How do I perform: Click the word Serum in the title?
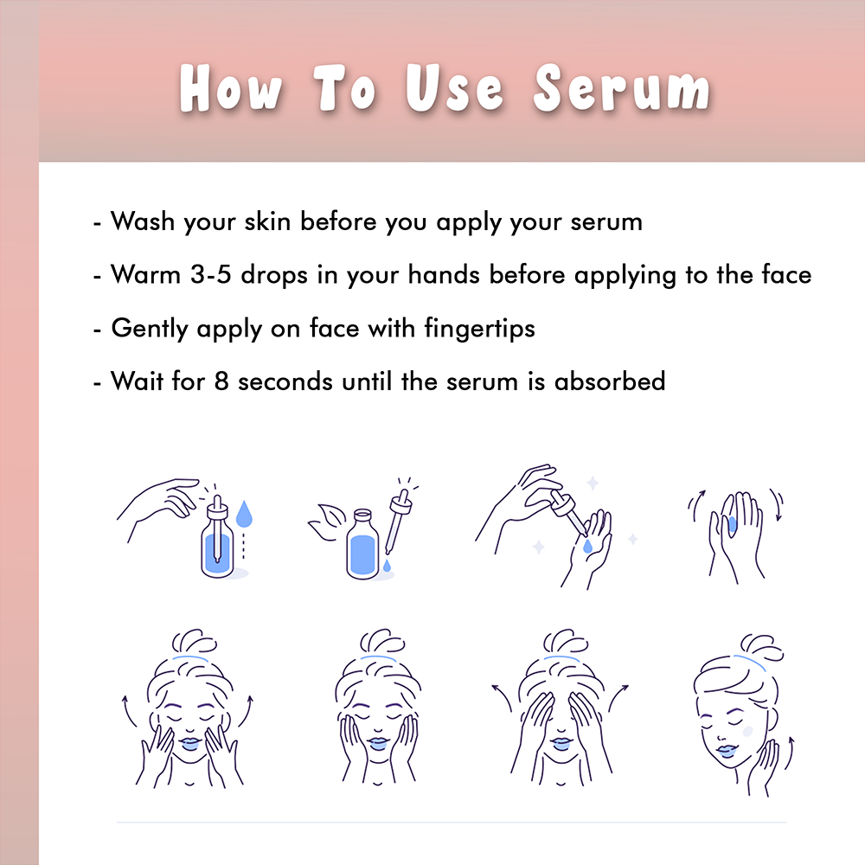click(x=622, y=89)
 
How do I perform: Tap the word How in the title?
click(x=231, y=89)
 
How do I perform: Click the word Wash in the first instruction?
click(x=143, y=221)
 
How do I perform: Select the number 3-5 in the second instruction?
click(x=210, y=275)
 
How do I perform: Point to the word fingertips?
click(x=479, y=329)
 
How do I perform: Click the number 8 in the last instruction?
click(x=221, y=381)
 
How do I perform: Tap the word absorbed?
click(x=610, y=381)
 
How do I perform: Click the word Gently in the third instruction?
click(x=143, y=329)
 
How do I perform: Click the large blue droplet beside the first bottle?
click(x=244, y=513)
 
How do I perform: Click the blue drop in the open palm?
click(x=587, y=546)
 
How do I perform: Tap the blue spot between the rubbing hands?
click(x=732, y=523)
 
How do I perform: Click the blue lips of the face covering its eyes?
click(x=560, y=743)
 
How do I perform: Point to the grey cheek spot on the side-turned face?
click(x=747, y=732)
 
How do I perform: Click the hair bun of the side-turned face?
click(x=760, y=645)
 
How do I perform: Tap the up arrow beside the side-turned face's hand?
click(x=790, y=753)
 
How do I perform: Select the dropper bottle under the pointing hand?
click(x=217, y=538)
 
